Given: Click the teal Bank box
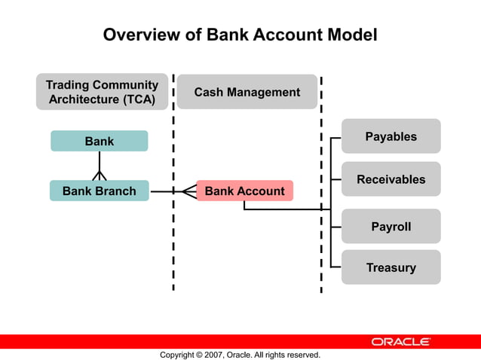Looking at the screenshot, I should [x=99, y=141].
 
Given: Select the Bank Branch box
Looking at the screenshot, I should [x=99, y=191].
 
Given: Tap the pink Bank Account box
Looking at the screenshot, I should [x=244, y=191].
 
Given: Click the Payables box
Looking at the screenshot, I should [x=391, y=136].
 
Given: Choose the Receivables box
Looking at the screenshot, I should [x=391, y=179].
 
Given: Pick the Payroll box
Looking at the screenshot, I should [x=391, y=226].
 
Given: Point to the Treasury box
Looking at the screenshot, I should [x=391, y=267].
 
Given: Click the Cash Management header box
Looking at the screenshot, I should [x=247, y=92].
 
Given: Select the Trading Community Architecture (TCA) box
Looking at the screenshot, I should [x=102, y=92].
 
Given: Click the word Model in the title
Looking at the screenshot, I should [x=349, y=35].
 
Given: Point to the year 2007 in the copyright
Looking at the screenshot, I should [x=213, y=355].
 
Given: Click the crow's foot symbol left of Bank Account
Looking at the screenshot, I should [x=188, y=191].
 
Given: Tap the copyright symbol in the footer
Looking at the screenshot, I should [x=198, y=355].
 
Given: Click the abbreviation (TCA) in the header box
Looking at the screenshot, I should [x=137, y=99].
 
